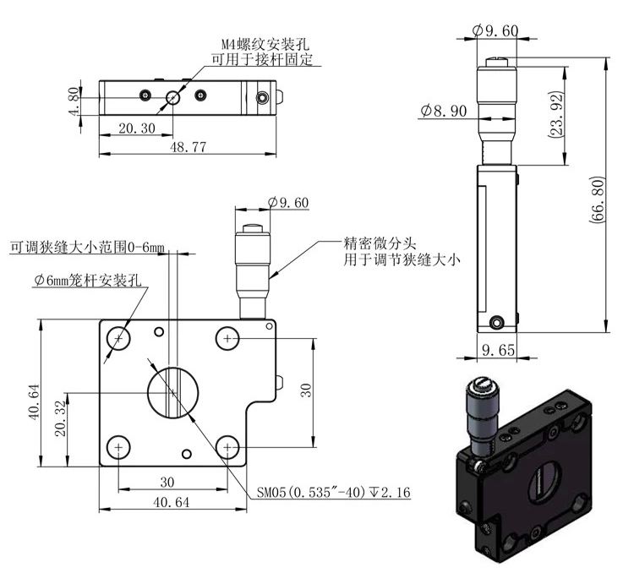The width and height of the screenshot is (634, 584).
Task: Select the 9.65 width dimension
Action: pyautogui.click(x=497, y=347)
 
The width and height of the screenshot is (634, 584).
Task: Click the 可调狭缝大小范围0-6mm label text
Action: pyautogui.click(x=85, y=249)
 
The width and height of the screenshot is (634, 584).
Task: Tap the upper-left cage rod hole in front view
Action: pyautogui.click(x=118, y=339)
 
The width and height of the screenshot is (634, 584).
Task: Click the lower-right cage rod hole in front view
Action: pyautogui.click(x=227, y=445)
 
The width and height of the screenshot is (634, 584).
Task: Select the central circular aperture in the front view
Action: pyautogui.click(x=172, y=392)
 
